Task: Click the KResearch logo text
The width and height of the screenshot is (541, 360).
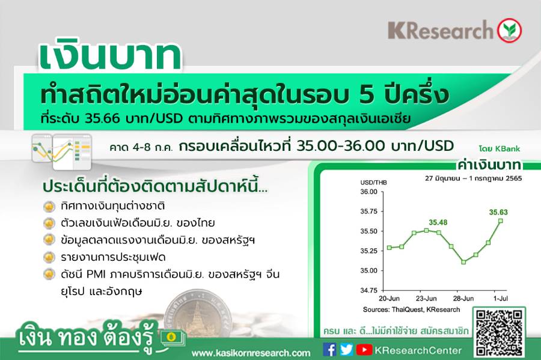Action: tap(441, 30)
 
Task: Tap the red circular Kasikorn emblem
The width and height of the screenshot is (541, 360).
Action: tap(509, 30)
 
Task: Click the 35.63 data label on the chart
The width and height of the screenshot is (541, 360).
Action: tap(498, 212)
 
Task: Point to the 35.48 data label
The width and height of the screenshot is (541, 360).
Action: tap(438, 222)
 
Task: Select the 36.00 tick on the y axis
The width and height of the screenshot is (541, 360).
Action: tap(369, 192)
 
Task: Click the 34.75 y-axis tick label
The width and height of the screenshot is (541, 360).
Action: tap(369, 290)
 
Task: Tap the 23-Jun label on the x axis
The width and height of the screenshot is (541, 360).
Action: tap(426, 299)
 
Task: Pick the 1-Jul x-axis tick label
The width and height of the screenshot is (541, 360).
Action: tap(500, 299)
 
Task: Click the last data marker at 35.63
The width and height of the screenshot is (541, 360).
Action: tap(501, 221)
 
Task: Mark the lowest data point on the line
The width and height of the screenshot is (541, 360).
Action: tap(463, 262)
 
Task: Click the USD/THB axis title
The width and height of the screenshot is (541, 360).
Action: tap(374, 183)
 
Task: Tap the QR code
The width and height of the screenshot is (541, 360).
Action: tap(498, 333)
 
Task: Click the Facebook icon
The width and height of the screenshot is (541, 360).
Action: tap(329, 350)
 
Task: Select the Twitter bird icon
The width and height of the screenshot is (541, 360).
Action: tap(346, 350)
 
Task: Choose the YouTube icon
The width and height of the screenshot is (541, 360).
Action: tap(364, 350)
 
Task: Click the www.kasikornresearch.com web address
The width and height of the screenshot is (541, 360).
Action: tap(251, 353)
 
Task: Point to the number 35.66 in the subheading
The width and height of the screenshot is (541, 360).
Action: tap(102, 118)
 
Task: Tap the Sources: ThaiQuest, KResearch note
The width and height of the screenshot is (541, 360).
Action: tap(411, 310)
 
